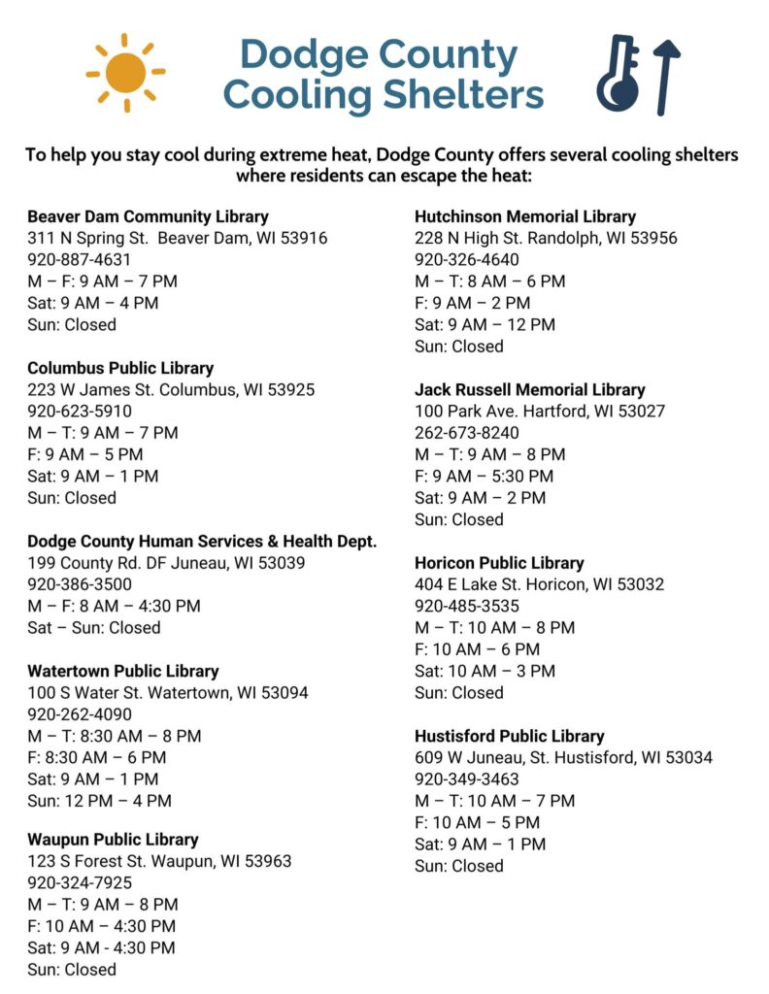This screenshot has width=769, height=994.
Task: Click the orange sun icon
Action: [x=125, y=73]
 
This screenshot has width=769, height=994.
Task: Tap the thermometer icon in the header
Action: [x=619, y=75]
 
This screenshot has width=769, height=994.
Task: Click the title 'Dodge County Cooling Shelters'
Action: [x=382, y=75]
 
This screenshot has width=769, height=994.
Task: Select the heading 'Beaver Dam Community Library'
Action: [x=148, y=216]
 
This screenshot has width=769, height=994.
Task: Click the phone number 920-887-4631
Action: [x=79, y=259]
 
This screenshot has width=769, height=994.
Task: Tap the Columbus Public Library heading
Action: [x=120, y=368]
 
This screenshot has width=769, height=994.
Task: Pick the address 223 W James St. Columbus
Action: [x=171, y=389]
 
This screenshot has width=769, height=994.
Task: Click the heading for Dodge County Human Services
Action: [x=202, y=541]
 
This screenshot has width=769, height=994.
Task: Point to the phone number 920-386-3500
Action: [x=80, y=584]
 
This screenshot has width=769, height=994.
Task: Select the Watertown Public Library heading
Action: [x=123, y=671]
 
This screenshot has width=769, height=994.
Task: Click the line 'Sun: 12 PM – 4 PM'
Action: [x=99, y=801]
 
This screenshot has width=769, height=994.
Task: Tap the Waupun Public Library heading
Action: [x=113, y=840]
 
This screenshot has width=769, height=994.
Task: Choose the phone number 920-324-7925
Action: [x=80, y=882]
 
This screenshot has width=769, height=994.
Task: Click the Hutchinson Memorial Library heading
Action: [x=525, y=216]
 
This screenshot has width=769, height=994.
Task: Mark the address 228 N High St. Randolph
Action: [x=546, y=238]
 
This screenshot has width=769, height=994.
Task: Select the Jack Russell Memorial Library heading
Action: [x=529, y=389]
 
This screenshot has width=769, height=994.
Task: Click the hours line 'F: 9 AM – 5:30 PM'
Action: [x=484, y=476]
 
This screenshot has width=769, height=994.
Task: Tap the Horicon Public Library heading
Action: [x=499, y=563]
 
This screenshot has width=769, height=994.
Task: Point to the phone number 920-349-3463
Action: [x=467, y=779]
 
